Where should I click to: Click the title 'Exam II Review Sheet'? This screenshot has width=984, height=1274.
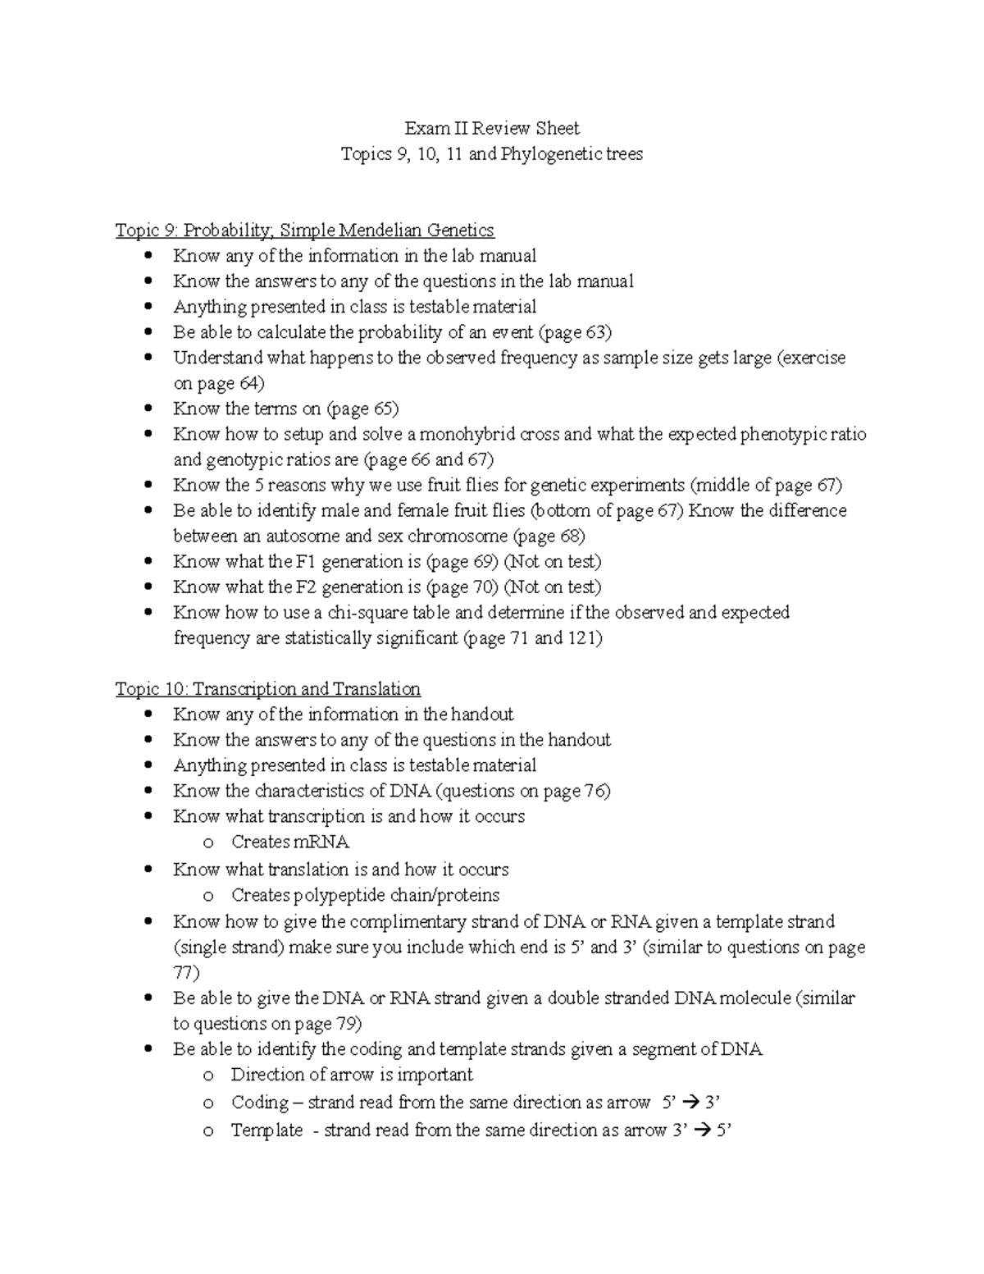491,128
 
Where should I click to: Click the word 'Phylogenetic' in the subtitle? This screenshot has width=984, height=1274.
551,153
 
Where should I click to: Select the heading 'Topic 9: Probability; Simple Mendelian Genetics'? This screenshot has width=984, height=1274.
304,230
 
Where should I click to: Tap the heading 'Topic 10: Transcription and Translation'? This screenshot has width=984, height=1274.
267,688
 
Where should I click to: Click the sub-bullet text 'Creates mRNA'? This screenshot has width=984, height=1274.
290,842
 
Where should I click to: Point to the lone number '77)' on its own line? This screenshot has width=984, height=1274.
186,972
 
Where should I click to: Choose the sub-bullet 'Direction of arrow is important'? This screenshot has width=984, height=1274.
352,1075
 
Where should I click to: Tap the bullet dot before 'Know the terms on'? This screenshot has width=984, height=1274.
148,409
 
